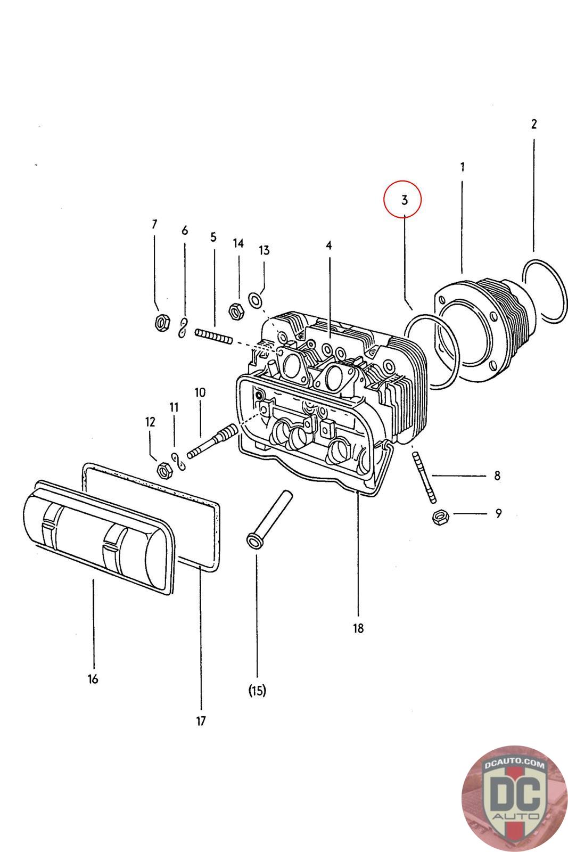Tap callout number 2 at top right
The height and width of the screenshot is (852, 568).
tap(534, 124)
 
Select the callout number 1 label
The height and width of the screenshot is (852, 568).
tap(462, 167)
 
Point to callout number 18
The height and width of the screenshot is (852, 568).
tap(358, 628)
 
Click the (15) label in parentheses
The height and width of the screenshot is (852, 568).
tap(257, 691)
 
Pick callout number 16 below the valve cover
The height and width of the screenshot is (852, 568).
tap(93, 679)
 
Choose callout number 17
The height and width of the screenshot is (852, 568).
tap(201, 721)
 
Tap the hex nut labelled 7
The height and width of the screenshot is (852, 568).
tap(161, 322)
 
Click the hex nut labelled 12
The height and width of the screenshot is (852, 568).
tap(164, 470)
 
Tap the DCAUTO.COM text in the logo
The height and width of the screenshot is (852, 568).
tap(514, 765)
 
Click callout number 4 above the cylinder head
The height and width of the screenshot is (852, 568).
tap(329, 245)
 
